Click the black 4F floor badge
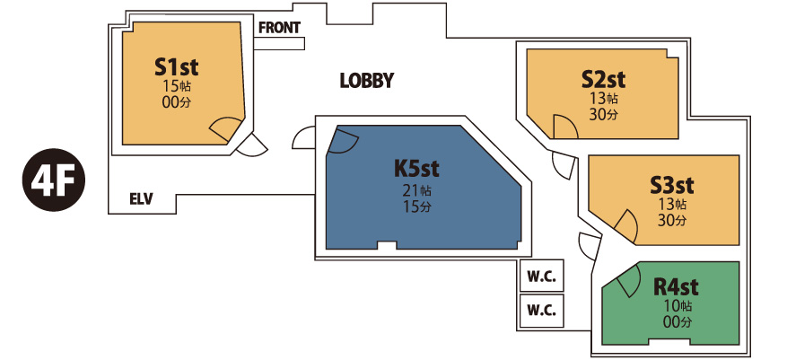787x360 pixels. pyautogui.click(x=54, y=182)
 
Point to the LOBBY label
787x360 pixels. pyautogui.click(x=367, y=81)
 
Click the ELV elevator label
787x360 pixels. pyautogui.click(x=142, y=199)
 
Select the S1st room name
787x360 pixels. pyautogui.click(x=176, y=67)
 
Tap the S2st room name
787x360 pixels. pyautogui.click(x=603, y=78)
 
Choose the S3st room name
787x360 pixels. pyautogui.click(x=672, y=185)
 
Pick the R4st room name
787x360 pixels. pyautogui.click(x=676, y=287)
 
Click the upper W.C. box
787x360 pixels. pyautogui.click(x=541, y=276)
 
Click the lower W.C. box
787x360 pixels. pyautogui.click(x=541, y=311)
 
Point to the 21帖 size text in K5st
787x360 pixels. pyautogui.click(x=417, y=190)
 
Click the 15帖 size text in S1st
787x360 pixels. pyautogui.click(x=177, y=86)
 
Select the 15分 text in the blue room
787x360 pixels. pyautogui.click(x=417, y=207)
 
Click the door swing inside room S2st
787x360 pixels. pyautogui.click(x=564, y=128)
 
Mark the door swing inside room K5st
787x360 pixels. pyautogui.click(x=344, y=141)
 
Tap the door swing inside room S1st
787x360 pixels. pyautogui.click(x=226, y=130)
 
